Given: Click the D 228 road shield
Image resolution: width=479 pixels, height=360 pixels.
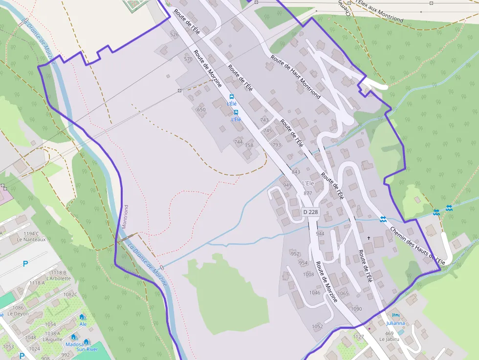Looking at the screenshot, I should point(310,212).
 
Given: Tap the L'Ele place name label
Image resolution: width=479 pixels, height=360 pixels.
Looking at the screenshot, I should point(308,183).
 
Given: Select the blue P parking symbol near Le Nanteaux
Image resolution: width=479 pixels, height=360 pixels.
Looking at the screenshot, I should point(25,264).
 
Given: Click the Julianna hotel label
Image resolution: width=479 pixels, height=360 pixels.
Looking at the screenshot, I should point(395,323).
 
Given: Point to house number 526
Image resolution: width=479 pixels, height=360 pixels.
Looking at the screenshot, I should point(174,35).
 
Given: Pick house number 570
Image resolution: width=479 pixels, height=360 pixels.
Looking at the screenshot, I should point(188,59).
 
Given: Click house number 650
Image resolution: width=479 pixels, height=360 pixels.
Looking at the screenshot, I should point(201,110).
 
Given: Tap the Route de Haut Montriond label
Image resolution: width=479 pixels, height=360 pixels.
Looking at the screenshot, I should point(296,78).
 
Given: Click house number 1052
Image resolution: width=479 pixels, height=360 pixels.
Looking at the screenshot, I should point(318,326).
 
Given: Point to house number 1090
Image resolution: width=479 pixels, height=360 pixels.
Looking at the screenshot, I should point(356,309).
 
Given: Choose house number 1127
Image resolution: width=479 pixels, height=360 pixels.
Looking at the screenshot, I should point(359,337).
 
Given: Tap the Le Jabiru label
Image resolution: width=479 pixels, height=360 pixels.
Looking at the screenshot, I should point(389,339).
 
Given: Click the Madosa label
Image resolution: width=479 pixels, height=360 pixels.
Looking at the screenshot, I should point(75,344).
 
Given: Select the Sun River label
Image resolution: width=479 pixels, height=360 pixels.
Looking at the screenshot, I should point(87,349).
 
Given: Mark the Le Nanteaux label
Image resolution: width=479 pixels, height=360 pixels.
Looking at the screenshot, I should point(31,239).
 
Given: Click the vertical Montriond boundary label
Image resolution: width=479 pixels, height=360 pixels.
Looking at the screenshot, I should point(125,216).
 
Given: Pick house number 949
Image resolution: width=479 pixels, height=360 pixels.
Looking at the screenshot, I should point(287,185).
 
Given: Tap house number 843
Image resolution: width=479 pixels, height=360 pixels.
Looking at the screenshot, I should point(296,172).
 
